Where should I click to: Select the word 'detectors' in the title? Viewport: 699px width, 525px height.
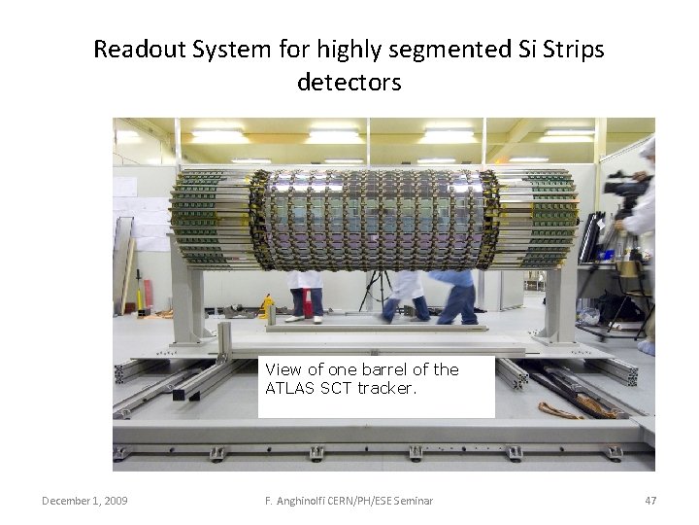click(x=349, y=83)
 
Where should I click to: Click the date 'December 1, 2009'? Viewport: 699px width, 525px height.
click(x=84, y=501)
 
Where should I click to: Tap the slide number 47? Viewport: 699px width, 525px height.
click(x=650, y=501)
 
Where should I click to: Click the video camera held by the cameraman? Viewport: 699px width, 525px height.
click(x=624, y=185)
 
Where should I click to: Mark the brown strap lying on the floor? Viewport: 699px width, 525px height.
click(x=582, y=408)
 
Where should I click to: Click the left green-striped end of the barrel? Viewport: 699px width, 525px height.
click(x=209, y=219)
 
